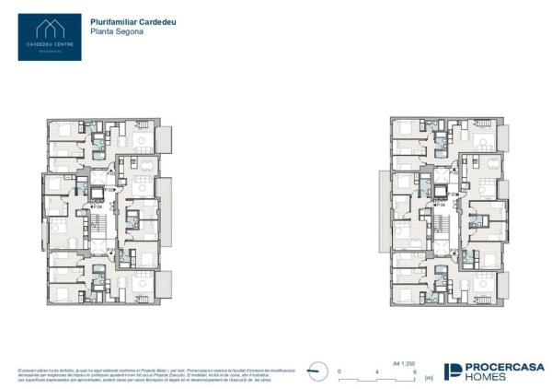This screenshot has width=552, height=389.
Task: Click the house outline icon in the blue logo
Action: [x=49, y=29]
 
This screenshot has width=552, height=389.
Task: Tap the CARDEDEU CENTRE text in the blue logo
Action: [x=49, y=43]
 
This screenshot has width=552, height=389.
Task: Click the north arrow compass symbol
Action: [x=317, y=371]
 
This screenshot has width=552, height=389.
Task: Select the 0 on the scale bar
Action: [x=339, y=371]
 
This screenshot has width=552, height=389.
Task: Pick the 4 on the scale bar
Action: [x=376, y=371]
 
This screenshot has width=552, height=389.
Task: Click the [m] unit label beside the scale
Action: [x=428, y=378]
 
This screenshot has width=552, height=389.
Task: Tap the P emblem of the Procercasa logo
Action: [x=454, y=371]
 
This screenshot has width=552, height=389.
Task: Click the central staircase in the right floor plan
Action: [x=443, y=221]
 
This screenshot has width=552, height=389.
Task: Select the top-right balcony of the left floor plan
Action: [x=164, y=139]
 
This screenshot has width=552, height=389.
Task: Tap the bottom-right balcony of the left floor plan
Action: [x=164, y=284]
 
